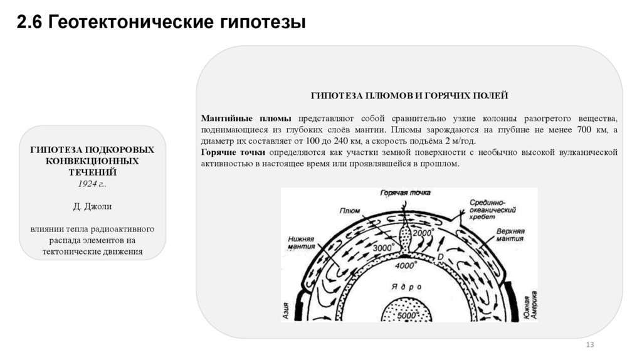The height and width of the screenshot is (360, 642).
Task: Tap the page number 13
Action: (589, 346)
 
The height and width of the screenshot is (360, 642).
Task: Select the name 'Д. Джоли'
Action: (92, 206)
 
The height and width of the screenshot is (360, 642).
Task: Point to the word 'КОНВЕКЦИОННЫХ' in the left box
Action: (92, 161)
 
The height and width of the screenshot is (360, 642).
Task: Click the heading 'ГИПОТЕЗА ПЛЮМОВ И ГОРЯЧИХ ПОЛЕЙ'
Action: (409, 95)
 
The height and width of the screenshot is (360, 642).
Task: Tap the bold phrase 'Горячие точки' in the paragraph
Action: (233, 152)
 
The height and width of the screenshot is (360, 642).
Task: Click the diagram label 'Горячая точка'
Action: (406, 193)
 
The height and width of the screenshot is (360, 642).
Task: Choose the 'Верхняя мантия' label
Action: (509, 236)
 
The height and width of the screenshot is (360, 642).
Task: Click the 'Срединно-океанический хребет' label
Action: (487, 208)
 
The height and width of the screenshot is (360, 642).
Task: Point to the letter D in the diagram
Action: (440, 258)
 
